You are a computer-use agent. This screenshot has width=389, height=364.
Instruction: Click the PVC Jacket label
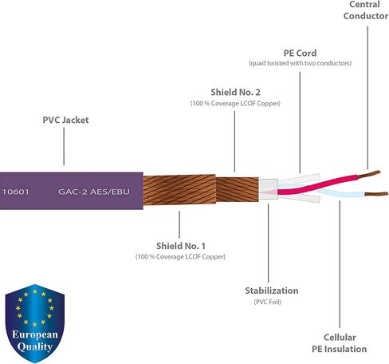pyautogui.click(x=65, y=120)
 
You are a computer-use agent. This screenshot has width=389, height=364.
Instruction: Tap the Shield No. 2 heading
pyautogui.click(x=235, y=92)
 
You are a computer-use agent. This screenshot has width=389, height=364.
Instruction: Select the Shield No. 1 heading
pyautogui.click(x=181, y=246)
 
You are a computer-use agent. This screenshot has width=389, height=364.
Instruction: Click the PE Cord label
pyautogui.click(x=300, y=53)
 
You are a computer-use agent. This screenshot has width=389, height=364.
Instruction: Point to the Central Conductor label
pyautogui.click(x=366, y=10)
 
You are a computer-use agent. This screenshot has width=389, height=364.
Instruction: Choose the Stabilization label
pyautogui.click(x=272, y=291)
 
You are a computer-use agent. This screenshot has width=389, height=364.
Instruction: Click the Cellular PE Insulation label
pyautogui.click(x=340, y=343)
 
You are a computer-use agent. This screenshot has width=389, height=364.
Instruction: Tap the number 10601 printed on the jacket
pyautogui.click(x=15, y=192)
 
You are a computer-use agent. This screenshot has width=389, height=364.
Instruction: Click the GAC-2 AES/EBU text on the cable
pyautogui.click(x=94, y=192)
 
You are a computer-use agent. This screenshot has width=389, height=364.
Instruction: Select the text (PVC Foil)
pyautogui.click(x=268, y=302)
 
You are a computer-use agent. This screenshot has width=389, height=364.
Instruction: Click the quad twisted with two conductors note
pyautogui.click(x=300, y=63)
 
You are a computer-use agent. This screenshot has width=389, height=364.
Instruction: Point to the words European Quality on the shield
pyautogui.click(x=35, y=341)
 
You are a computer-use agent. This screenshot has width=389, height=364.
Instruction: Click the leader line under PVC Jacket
pyautogui.click(x=64, y=146)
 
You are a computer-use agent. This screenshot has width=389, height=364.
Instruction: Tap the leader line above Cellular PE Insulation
pyautogui.click(x=340, y=264)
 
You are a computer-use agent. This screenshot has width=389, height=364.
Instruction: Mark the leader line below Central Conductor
pyautogui.click(x=367, y=97)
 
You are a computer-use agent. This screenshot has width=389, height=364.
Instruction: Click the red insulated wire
pyautogui.click(x=317, y=184)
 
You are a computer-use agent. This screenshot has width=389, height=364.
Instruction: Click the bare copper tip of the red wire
pyautogui.click(x=369, y=174)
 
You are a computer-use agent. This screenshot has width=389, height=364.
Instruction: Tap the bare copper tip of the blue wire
pyautogui.click(x=376, y=194)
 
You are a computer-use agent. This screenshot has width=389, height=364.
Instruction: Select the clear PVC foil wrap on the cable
pyautogui.click(x=269, y=189)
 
